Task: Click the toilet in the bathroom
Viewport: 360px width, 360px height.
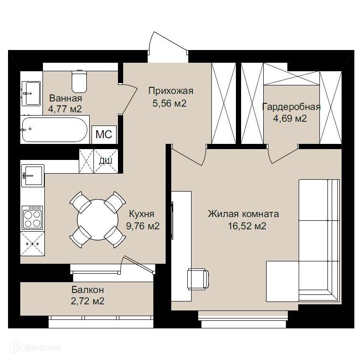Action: coord(79,81)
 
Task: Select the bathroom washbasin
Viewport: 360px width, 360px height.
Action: coord(31,93)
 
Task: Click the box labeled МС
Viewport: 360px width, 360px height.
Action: coord(104,134)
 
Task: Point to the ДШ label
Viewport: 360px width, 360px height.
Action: coord(106,161)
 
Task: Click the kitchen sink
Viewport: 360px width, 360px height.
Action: coord(33,176)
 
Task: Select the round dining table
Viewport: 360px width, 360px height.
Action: coord(98,220)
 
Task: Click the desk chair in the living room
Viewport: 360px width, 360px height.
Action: coord(198,279)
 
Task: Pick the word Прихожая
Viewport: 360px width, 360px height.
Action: coord(171,91)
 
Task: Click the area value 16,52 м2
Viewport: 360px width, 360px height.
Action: coord(247,226)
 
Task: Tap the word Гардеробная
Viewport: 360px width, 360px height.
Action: coord(292,107)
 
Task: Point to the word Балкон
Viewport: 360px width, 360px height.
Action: coord(87,290)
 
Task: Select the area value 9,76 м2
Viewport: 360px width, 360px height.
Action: coord(142,226)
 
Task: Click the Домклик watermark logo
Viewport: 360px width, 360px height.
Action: coord(36,348)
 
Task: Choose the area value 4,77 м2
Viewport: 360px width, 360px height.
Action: coord(65,109)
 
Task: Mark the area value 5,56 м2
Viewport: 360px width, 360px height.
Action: coord(169,103)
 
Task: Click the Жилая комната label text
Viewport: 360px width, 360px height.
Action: coord(243,214)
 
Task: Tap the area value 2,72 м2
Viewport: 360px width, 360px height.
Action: coord(87,301)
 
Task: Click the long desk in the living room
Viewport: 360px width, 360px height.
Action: coord(182,246)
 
